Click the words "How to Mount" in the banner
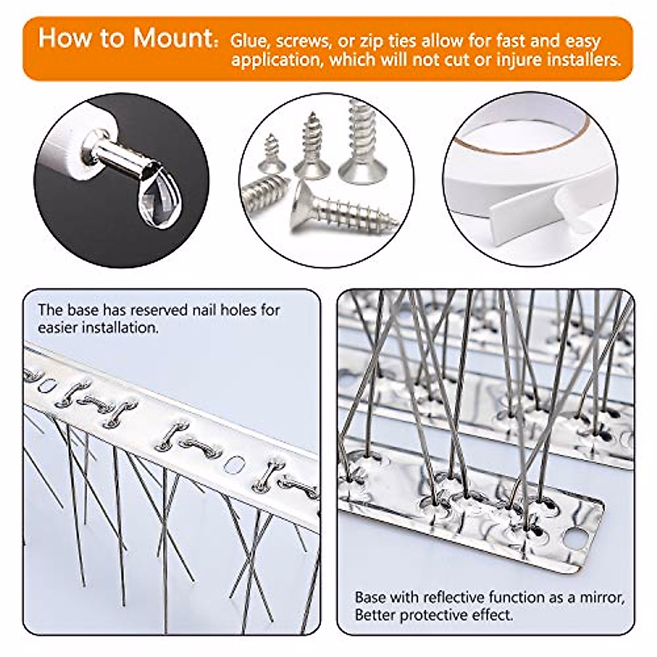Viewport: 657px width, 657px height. click(125, 38)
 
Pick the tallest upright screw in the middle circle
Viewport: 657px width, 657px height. click(359, 142)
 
